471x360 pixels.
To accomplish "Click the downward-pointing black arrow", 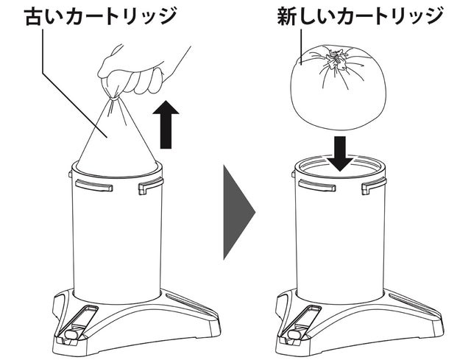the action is [340, 154].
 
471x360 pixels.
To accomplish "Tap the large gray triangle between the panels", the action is [238, 212].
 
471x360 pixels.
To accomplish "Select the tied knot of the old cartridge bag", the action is [113, 98].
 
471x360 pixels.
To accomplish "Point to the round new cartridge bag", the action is [338, 87].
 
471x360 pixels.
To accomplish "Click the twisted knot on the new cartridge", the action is [336, 59].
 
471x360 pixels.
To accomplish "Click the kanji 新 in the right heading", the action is [287, 16].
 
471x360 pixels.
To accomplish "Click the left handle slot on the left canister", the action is [94, 185].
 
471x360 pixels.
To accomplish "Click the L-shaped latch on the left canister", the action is [151, 186].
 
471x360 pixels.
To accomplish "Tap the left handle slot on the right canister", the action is [317, 185].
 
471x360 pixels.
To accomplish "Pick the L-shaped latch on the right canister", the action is [374, 186].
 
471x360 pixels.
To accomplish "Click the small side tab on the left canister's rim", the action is [71, 174].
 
